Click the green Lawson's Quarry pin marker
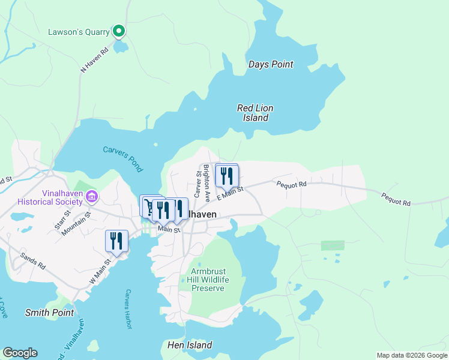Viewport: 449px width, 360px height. tap(119, 30)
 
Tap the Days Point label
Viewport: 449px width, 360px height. tap(270, 64)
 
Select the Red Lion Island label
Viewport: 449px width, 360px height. tap(255, 113)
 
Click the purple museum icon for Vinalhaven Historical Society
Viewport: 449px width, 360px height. tap(91, 196)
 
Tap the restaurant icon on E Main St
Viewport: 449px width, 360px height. tap(227, 176)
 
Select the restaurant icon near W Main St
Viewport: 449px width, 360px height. tap(116, 241)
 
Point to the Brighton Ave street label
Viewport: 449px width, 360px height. tap(206, 182)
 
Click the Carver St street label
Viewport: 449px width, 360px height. tap(196, 183)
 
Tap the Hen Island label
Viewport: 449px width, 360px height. tap(189, 345)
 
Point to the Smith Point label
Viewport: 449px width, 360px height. tap(49, 313)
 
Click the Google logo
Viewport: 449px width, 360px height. tap(20, 353)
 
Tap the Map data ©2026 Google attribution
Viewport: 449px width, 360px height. tap(412, 355)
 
